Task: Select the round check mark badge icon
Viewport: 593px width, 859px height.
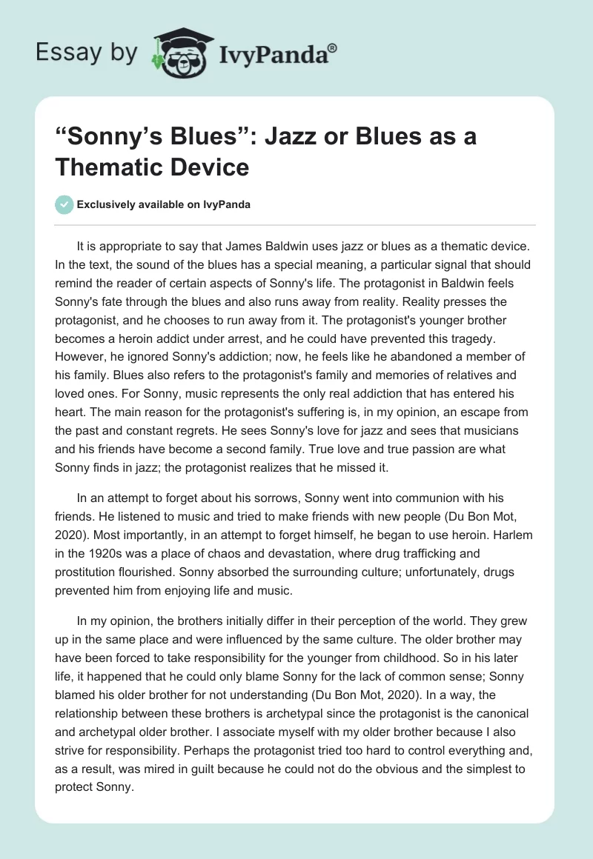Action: tap(64, 204)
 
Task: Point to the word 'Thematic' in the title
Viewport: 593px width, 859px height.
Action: tap(116, 167)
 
